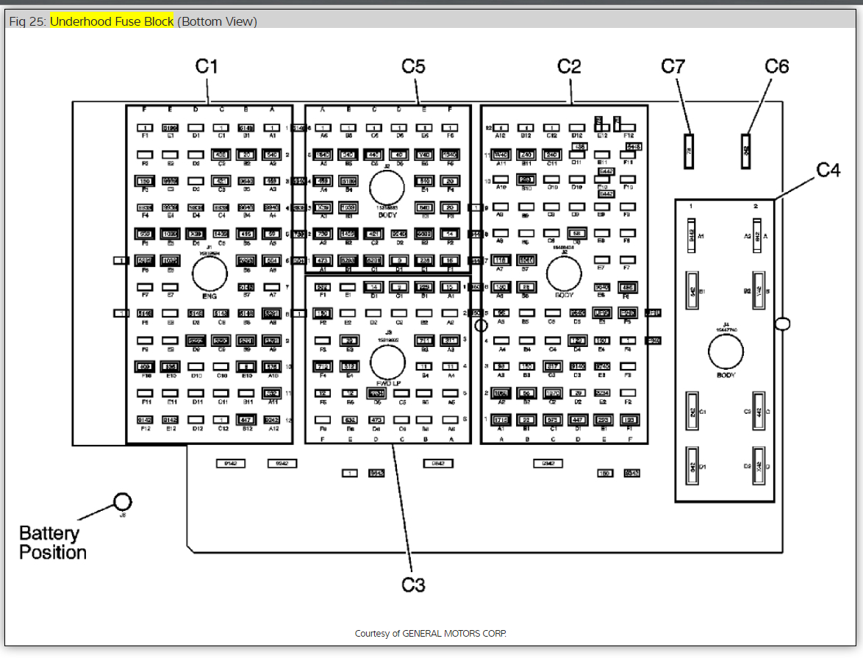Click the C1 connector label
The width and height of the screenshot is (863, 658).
[207, 66]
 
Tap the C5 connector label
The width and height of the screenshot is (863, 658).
[413, 66]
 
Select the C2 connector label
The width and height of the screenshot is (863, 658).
[569, 66]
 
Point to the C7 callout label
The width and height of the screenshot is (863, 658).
[673, 66]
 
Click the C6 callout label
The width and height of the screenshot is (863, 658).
[776, 66]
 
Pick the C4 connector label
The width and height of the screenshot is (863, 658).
[828, 170]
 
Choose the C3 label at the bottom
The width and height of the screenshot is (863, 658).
[413, 585]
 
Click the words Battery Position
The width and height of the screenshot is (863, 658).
[52, 543]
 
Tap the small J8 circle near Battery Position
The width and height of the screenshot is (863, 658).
[123, 501]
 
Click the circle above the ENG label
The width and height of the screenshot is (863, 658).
[210, 274]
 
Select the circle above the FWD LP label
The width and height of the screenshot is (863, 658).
[387, 362]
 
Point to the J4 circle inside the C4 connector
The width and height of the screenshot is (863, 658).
[726, 352]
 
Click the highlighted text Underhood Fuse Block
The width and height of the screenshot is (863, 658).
[112, 21]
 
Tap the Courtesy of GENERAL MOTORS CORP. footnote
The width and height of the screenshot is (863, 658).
[431, 633]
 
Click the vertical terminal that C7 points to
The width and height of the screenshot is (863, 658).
[689, 151]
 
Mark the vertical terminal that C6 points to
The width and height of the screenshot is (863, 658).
[747, 151]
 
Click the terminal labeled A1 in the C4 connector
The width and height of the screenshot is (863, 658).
[691, 237]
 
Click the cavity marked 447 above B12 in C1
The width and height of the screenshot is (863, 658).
[246, 420]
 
